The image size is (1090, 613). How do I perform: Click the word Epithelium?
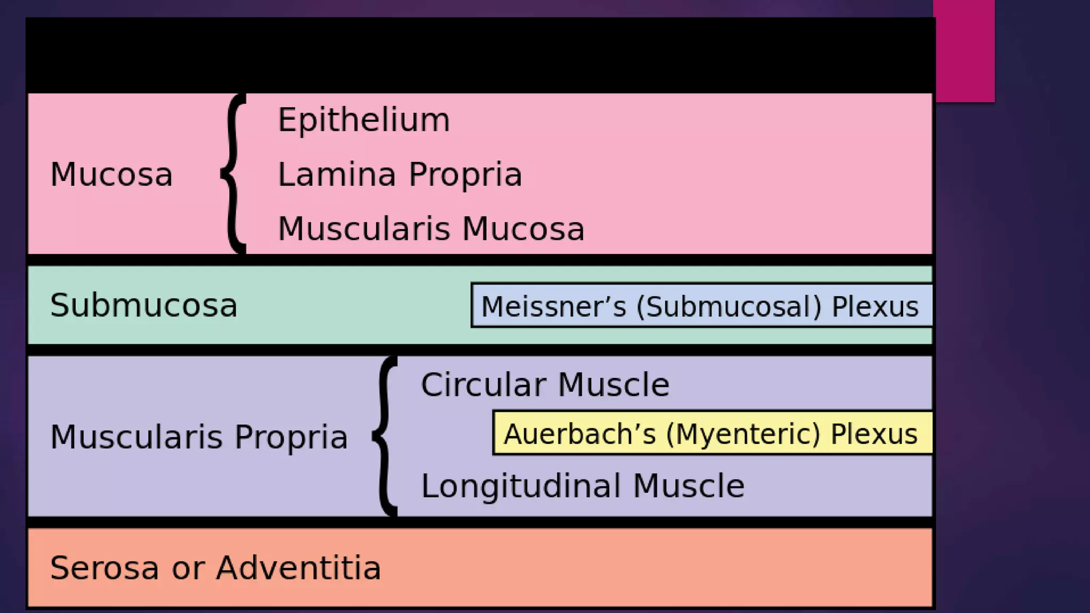pos(364,120)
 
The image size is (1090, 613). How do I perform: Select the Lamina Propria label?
pos(400,175)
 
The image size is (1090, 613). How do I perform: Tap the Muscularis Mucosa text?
pos(431,229)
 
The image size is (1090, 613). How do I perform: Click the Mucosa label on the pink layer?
pos(111,175)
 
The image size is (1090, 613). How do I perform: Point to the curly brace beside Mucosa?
pos(232,173)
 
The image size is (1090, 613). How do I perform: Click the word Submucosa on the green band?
pos(144,305)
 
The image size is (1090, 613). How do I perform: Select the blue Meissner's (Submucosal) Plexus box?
pos(701,306)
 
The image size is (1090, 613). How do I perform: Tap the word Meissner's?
pos(554,306)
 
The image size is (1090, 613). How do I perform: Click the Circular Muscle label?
pos(544,385)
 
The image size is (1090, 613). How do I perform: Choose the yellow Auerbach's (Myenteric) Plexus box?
pos(712,433)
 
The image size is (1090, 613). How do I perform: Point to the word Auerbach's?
pos(580,434)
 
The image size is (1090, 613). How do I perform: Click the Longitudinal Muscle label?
pos(582,486)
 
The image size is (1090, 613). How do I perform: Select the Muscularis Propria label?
pos(199,437)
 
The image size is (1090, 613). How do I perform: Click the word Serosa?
pos(104,568)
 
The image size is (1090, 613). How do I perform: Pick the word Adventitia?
pos(299,568)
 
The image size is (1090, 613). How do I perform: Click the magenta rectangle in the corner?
pos(964,51)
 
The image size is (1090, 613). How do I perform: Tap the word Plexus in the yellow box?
pos(874,434)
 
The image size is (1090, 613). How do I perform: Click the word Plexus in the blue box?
pos(875,306)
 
